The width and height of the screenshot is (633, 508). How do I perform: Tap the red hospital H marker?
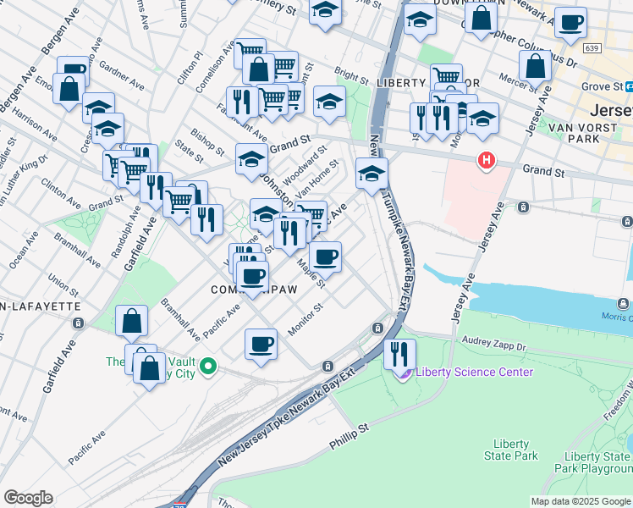coord(486,159)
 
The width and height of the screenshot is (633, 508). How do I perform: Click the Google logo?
coord(28,498)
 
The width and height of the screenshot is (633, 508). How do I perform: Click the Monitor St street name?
coord(306,318)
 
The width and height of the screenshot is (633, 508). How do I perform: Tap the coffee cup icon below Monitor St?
coord(261,344)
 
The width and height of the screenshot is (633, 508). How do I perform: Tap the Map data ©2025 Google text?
coord(581,501)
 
